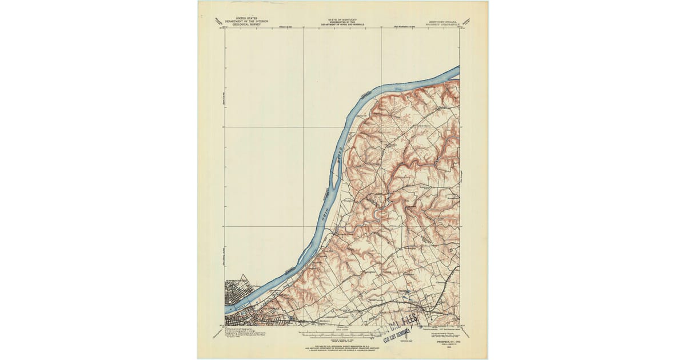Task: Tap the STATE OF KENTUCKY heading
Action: coord(343,19)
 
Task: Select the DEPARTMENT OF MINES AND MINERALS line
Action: coord(343,25)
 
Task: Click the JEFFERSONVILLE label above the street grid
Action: coord(236,281)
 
